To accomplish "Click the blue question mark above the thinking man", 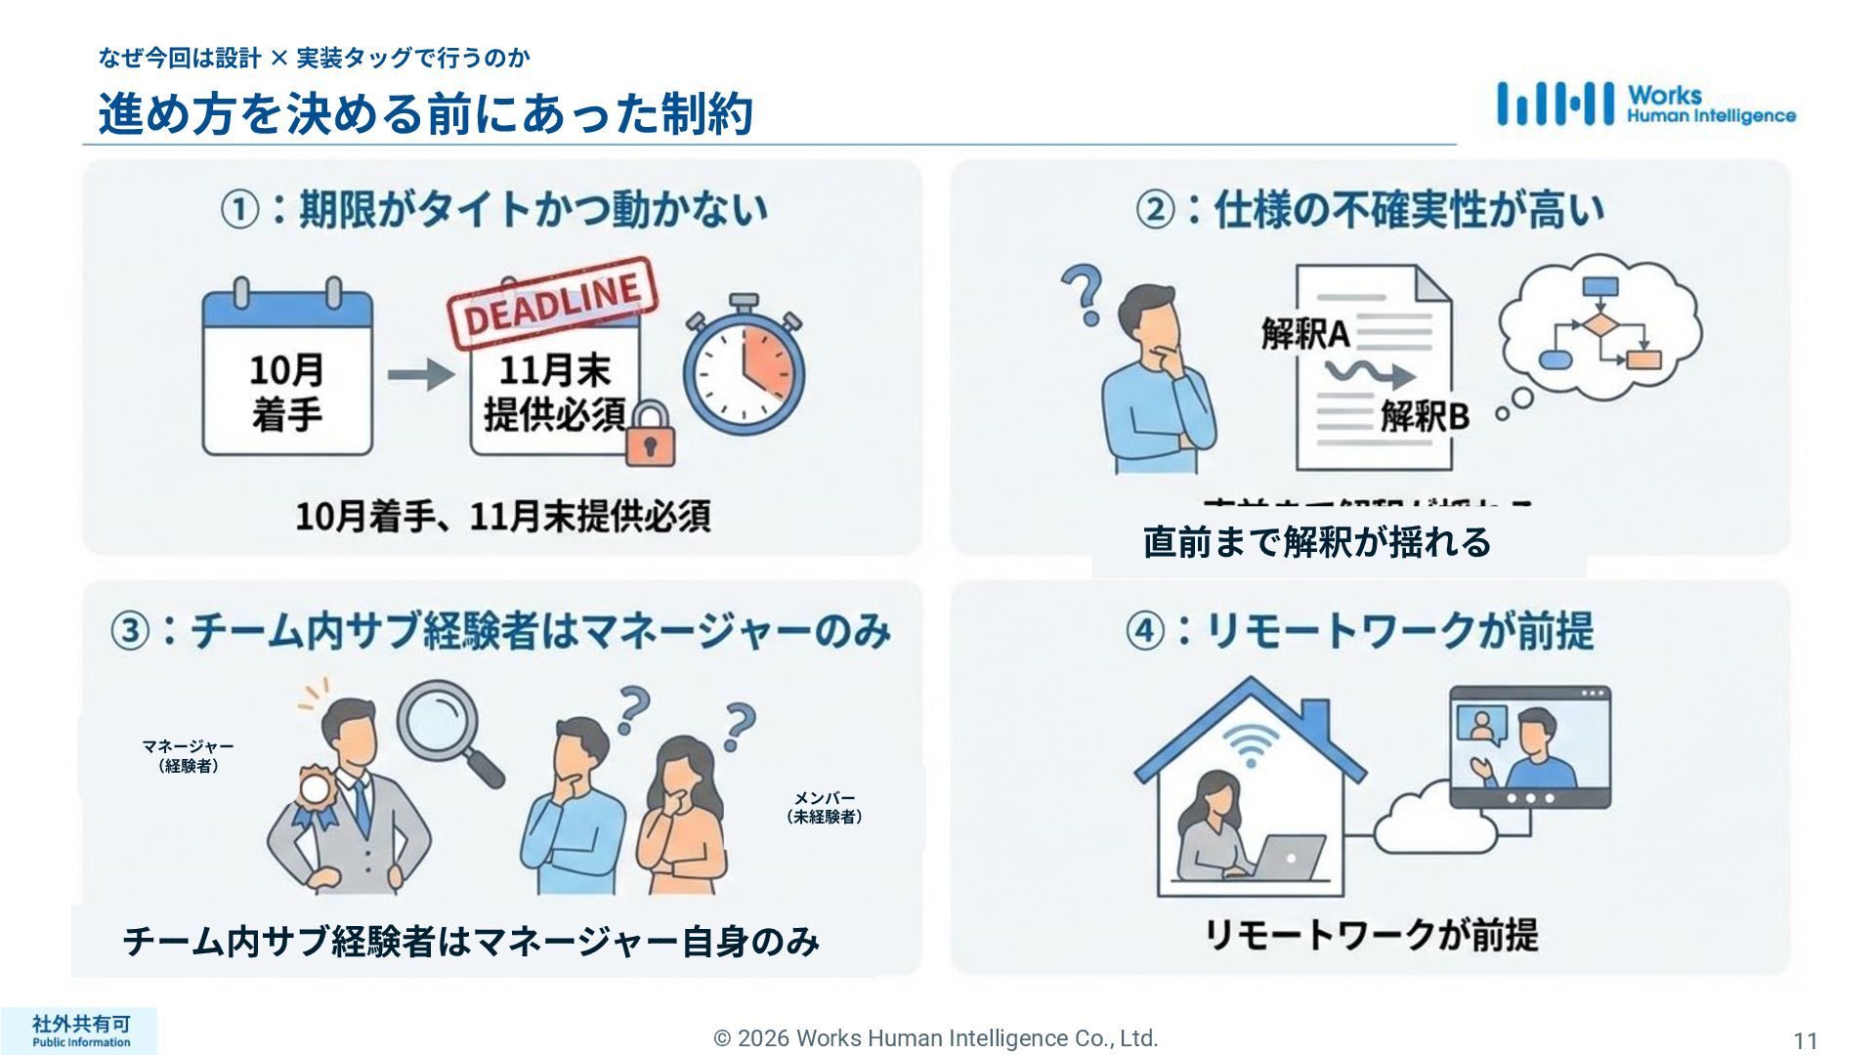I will [x=1083, y=294].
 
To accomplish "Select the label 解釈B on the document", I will [x=1425, y=417].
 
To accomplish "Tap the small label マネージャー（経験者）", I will [x=188, y=756].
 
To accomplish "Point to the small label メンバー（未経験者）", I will [x=825, y=808].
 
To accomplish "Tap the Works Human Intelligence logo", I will [x=1646, y=105].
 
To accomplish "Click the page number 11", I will [x=1805, y=1040].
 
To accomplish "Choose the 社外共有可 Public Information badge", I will [x=80, y=1031].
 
